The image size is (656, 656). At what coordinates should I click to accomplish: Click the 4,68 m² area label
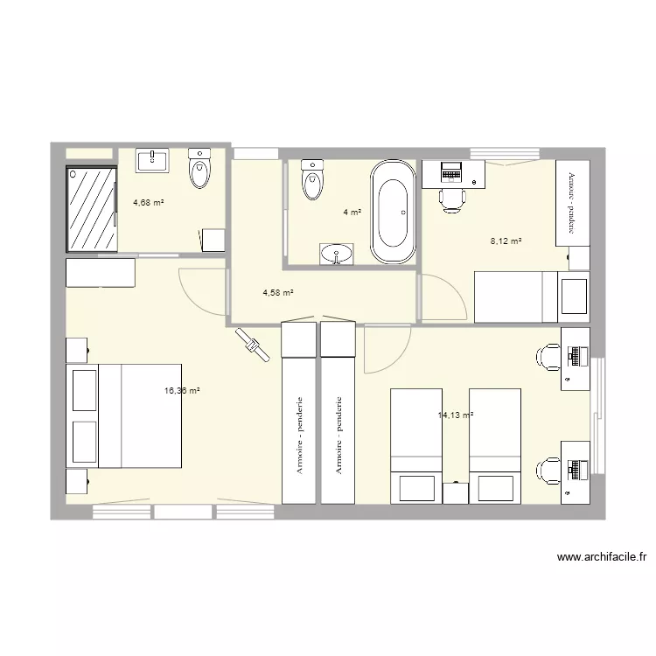149,203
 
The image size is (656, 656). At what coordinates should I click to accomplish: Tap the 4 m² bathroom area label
352,212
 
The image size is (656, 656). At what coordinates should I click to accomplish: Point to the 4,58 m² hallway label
277,293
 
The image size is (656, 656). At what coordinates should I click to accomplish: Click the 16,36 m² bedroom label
182,391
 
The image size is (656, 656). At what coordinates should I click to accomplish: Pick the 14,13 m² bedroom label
455,415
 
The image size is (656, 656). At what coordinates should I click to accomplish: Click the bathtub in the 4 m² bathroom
393,212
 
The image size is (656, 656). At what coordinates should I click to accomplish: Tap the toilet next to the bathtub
311,178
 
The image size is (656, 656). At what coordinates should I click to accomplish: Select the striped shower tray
91,208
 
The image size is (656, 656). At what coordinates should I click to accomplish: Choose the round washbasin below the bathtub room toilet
338,254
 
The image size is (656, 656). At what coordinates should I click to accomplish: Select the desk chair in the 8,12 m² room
451,199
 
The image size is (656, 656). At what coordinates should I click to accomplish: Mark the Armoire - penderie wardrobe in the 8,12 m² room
573,203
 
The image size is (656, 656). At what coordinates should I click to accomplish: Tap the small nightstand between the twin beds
455,492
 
